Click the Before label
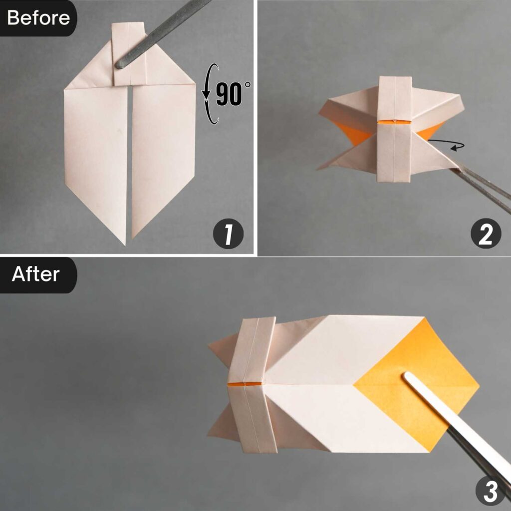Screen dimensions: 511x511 click(38, 18)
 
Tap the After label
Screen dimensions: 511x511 click(36, 274)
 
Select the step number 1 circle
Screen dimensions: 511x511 click(228, 236)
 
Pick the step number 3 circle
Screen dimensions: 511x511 click(491, 492)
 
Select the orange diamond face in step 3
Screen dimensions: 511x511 click(419, 384)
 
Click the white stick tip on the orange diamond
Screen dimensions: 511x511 click(408, 378)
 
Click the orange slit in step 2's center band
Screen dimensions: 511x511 click(394, 121)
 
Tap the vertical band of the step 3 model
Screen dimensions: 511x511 click(252, 384)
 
